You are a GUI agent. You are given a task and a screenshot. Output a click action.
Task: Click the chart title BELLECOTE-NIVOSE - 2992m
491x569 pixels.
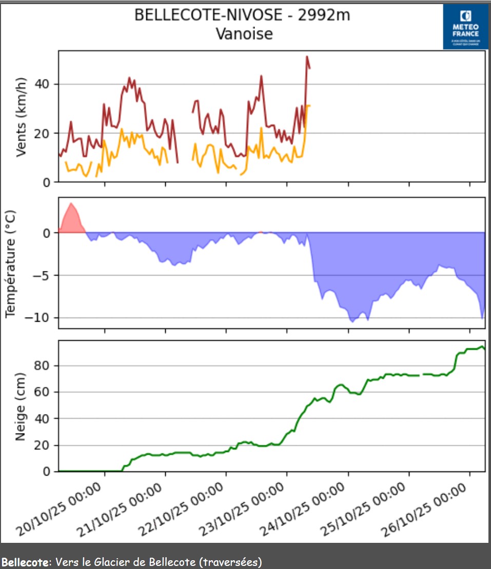[242, 15]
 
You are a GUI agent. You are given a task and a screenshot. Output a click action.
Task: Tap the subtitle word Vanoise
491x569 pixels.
[244, 34]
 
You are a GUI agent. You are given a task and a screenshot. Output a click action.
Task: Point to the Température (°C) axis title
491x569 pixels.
[11, 263]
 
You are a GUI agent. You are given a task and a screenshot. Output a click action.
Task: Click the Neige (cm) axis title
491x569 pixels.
[21, 407]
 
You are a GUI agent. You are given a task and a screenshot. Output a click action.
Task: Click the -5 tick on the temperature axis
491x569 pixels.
[44, 276]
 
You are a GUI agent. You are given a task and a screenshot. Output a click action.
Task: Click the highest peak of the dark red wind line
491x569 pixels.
[307, 57]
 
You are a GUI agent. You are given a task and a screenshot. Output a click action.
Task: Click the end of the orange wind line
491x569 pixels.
[309, 106]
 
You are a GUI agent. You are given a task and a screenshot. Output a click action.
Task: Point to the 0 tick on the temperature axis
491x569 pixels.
[47, 233]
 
